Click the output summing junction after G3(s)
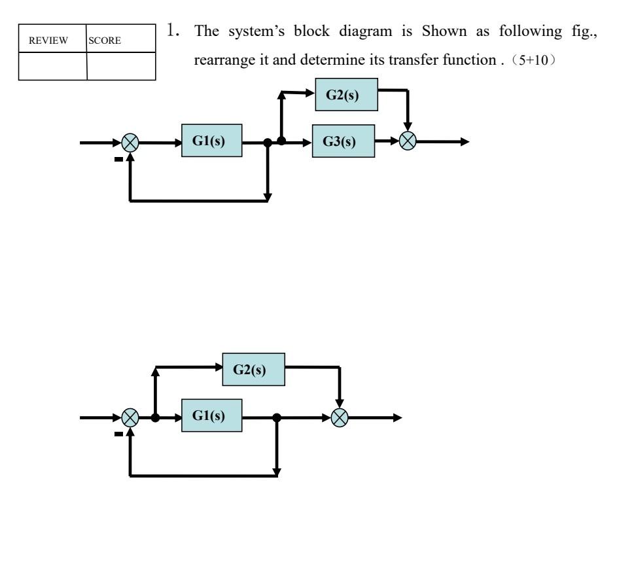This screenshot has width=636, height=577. click(x=409, y=143)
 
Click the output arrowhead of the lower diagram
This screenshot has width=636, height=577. click(x=397, y=418)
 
